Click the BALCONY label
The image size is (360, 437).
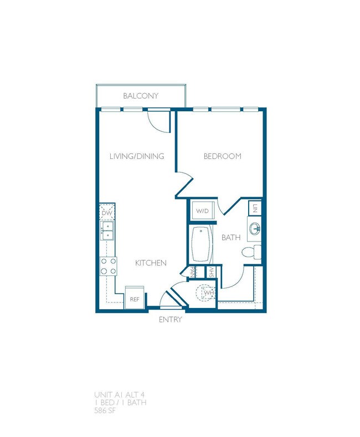[x=141, y=96]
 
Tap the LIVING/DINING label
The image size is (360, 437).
[x=137, y=156]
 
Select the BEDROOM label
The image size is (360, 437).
[x=223, y=156]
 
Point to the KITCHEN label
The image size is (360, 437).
[x=151, y=263]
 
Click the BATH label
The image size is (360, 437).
[x=230, y=238]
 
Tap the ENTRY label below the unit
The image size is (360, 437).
[x=171, y=320]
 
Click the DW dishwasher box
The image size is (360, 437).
[x=106, y=212]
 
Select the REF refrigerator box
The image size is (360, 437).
[x=134, y=298]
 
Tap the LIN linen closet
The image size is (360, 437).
[x=255, y=208]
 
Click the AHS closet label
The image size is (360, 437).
[x=210, y=271]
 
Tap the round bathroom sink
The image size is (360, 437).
[x=255, y=228]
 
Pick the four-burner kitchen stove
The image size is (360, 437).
[x=107, y=266]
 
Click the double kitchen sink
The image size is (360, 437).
[x=107, y=230]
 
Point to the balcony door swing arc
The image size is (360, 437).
[x=160, y=121]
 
